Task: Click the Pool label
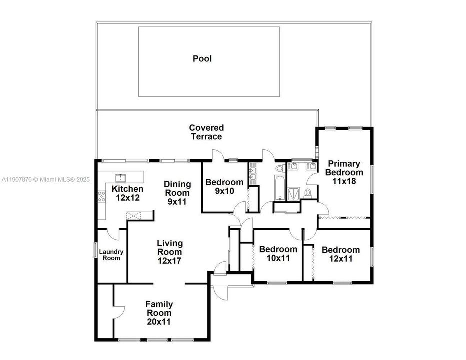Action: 202,59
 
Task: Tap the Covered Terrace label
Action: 206,132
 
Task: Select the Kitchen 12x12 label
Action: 127,193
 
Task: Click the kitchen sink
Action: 120,177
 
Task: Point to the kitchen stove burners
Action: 102,196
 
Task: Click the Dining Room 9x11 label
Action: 177,189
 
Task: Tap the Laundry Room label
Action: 111,255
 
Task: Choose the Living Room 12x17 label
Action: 170,252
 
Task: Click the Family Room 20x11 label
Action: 159,313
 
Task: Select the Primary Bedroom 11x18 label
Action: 344,172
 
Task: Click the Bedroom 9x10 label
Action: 224,186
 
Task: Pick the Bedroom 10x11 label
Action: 278,253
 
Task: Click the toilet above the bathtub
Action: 279,170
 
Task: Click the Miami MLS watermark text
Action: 45,179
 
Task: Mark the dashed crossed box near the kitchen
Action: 134,216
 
